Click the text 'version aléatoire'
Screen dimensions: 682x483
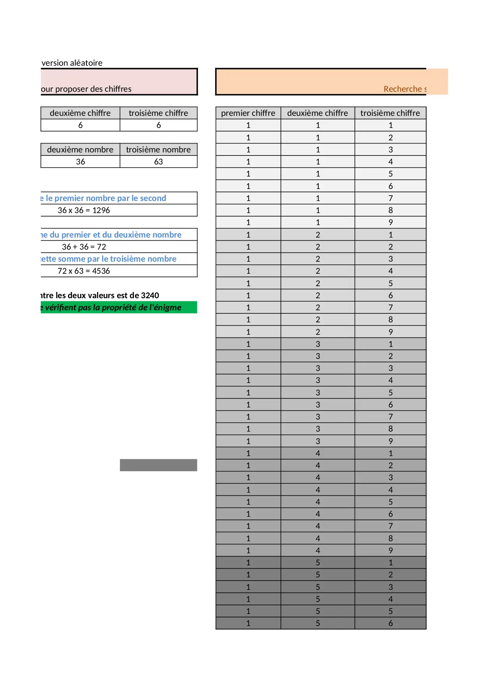[x=72, y=63]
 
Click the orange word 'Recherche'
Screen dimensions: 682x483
[x=402, y=89]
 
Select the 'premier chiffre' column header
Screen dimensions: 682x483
[x=248, y=113]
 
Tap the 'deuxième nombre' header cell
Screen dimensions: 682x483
[x=80, y=150]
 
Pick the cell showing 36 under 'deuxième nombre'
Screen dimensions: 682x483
[x=80, y=162]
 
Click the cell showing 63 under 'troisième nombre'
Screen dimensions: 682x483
[x=158, y=162]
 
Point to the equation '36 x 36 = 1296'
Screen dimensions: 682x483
[x=84, y=210]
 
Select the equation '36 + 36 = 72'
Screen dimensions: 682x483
[x=84, y=247]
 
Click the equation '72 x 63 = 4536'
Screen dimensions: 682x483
[x=84, y=271]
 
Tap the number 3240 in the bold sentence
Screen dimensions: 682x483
[x=150, y=296]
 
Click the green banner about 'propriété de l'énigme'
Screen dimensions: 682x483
[x=119, y=308]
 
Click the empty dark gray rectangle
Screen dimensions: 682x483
[x=158, y=465]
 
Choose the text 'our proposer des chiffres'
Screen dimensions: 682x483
[x=86, y=89]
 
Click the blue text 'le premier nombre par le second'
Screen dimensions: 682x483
[x=106, y=198]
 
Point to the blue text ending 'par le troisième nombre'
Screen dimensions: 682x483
[x=109, y=259]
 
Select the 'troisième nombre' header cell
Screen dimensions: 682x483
[x=158, y=150]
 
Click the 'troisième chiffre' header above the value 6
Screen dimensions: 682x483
[x=158, y=113]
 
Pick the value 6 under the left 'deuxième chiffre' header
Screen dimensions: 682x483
[x=80, y=125]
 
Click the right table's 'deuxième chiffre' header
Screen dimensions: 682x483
[x=318, y=113]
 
